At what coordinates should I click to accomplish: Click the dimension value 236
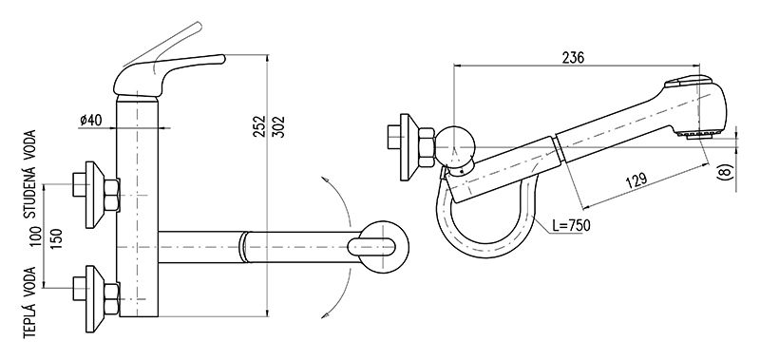[574, 57]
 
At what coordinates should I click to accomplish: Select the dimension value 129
[636, 180]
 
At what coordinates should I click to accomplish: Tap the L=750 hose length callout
[571, 225]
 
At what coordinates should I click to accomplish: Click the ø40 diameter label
[90, 120]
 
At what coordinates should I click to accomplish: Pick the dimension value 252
[260, 126]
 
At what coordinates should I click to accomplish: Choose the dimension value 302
[279, 126]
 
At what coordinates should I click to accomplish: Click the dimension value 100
[37, 236]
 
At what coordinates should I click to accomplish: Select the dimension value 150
[56, 238]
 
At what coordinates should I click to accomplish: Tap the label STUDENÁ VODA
[30, 174]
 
